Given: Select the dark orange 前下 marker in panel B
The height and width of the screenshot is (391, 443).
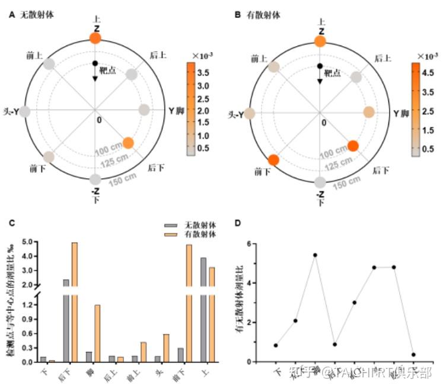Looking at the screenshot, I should click(273, 159).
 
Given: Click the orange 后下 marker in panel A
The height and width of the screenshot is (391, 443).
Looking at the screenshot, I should click(129, 143).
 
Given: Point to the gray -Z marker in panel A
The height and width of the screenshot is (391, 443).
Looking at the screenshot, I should click(95, 180).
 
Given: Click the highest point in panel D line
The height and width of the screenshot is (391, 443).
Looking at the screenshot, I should click(315, 255).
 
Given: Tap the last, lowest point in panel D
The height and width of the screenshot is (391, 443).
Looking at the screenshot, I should click(413, 355).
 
